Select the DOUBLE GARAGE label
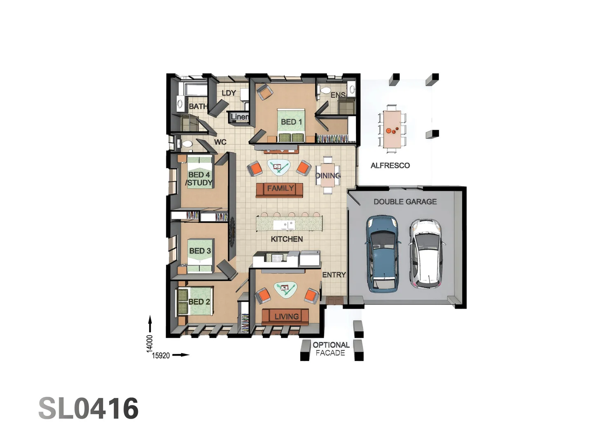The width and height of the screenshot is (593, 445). click(405, 201)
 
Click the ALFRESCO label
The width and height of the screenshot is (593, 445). click(390, 165)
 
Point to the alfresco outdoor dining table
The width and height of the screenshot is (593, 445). click(392, 126)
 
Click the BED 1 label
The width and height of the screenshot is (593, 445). click(291, 122)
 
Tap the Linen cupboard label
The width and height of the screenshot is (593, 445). click(240, 117)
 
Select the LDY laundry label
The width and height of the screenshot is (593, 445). click(229, 93)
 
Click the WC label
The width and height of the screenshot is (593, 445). click(220, 142)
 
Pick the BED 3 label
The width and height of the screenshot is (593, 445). click(200, 251)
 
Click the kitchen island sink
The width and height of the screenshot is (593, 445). click(283, 225)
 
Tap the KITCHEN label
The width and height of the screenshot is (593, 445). click(287, 239)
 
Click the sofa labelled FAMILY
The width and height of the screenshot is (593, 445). click(279, 190)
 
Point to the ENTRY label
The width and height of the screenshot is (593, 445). click(334, 275)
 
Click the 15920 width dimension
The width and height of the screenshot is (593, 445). click(161, 356)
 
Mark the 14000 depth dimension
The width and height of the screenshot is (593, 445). click(149, 343)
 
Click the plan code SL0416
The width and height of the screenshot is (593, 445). click(89, 408)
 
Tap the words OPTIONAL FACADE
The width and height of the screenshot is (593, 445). click(331, 349)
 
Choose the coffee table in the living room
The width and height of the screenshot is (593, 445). click(285, 290)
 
